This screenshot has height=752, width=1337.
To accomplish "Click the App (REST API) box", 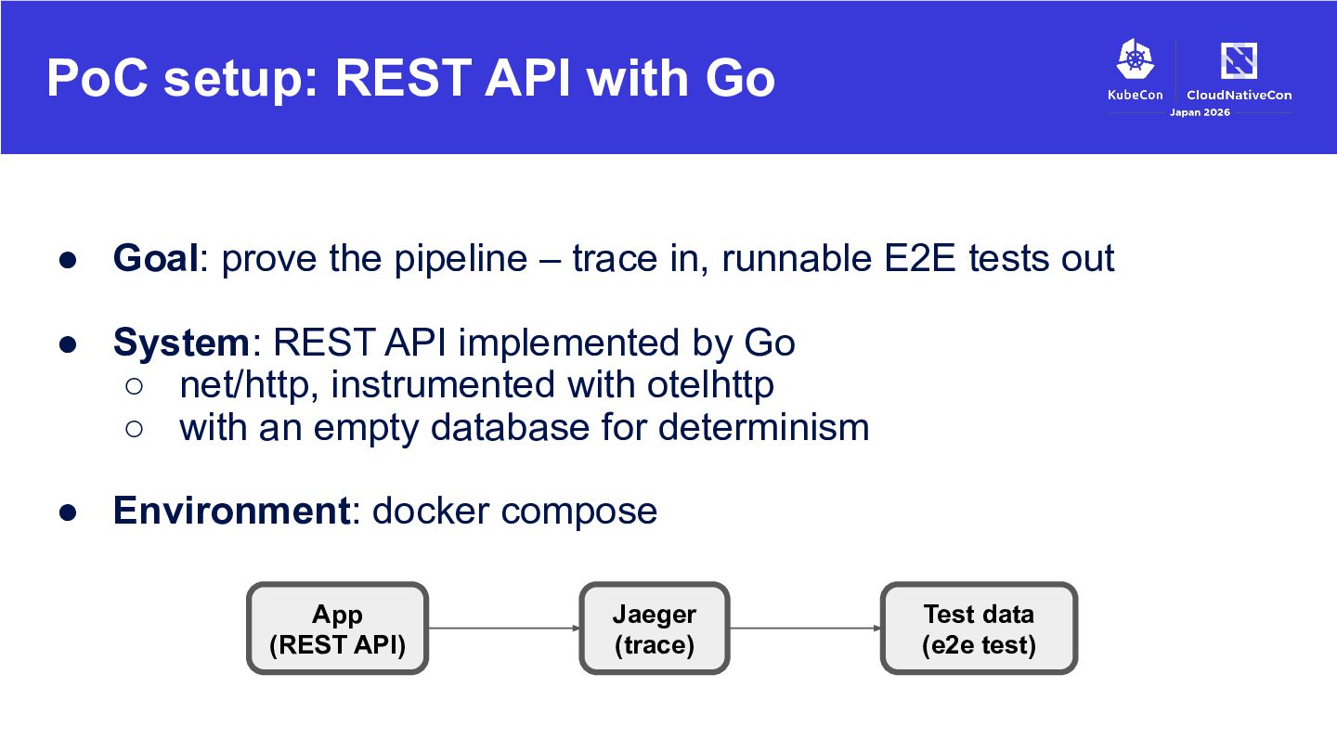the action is [337, 629].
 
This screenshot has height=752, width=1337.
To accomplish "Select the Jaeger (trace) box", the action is [655, 629].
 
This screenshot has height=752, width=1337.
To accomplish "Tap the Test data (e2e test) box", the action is [979, 629].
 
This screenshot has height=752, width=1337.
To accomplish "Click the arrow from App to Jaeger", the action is [504, 628].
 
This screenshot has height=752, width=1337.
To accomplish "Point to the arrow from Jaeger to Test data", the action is [805, 628].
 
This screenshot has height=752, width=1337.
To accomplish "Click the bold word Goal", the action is [156, 258].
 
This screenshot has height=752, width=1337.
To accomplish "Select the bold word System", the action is [181, 343].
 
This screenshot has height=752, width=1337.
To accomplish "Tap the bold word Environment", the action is [231, 511].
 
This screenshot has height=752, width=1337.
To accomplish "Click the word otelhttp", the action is [710, 384].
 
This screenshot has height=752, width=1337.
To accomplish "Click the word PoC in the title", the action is [97, 78].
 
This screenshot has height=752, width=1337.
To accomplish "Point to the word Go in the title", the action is [740, 78].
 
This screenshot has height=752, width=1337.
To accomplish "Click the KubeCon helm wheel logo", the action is [1136, 59].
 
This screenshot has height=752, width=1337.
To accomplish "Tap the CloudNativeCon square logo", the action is [1239, 60].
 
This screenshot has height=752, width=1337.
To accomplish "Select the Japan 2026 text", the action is [1200, 112].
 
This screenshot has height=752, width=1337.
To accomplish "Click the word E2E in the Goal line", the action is [920, 258].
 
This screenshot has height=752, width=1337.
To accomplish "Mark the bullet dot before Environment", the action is [68, 512].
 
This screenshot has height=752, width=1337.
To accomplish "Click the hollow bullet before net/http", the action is [135, 386].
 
